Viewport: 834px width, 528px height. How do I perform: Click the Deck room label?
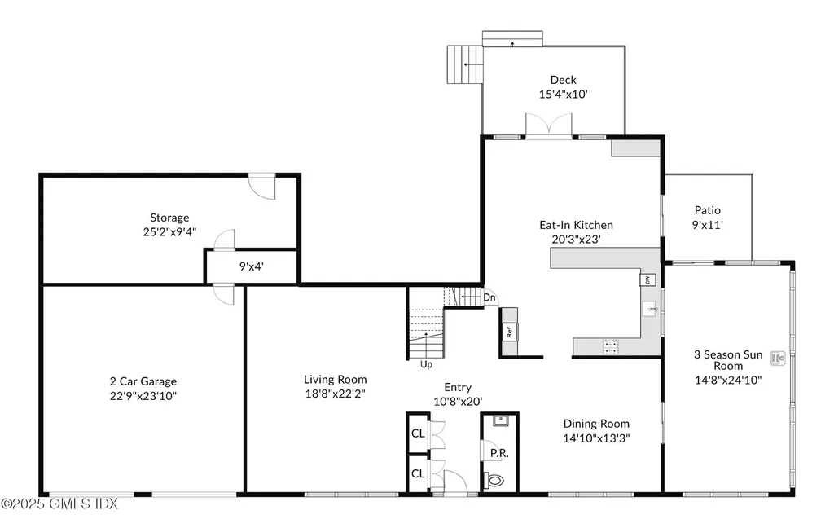pyautogui.click(x=563, y=80)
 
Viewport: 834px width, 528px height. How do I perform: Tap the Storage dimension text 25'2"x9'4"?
pyautogui.click(x=169, y=231)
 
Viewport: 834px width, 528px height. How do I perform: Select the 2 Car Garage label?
pyautogui.click(x=143, y=381)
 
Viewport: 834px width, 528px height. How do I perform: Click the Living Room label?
pyautogui.click(x=335, y=380)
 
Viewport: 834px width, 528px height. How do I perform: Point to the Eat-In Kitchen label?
pyautogui.click(x=576, y=225)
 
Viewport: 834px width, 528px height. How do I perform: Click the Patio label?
pyautogui.click(x=707, y=210)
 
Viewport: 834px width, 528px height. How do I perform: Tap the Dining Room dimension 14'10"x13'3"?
pyautogui.click(x=596, y=438)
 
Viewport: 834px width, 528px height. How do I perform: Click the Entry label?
pyautogui.click(x=458, y=387)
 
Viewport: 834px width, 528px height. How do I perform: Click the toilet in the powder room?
pyautogui.click(x=494, y=480)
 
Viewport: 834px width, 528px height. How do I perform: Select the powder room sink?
pyautogui.click(x=500, y=421)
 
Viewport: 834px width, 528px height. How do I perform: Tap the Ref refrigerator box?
pyautogui.click(x=510, y=332)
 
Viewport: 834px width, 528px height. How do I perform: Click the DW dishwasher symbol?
pyautogui.click(x=647, y=279)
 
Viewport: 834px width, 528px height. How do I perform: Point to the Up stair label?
pyautogui.click(x=425, y=364)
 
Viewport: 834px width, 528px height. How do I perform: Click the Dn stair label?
pyautogui.click(x=489, y=298)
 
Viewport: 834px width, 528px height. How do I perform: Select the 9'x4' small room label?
pyautogui.click(x=250, y=266)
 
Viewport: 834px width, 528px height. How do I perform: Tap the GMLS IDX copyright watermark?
pyautogui.click(x=59, y=504)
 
